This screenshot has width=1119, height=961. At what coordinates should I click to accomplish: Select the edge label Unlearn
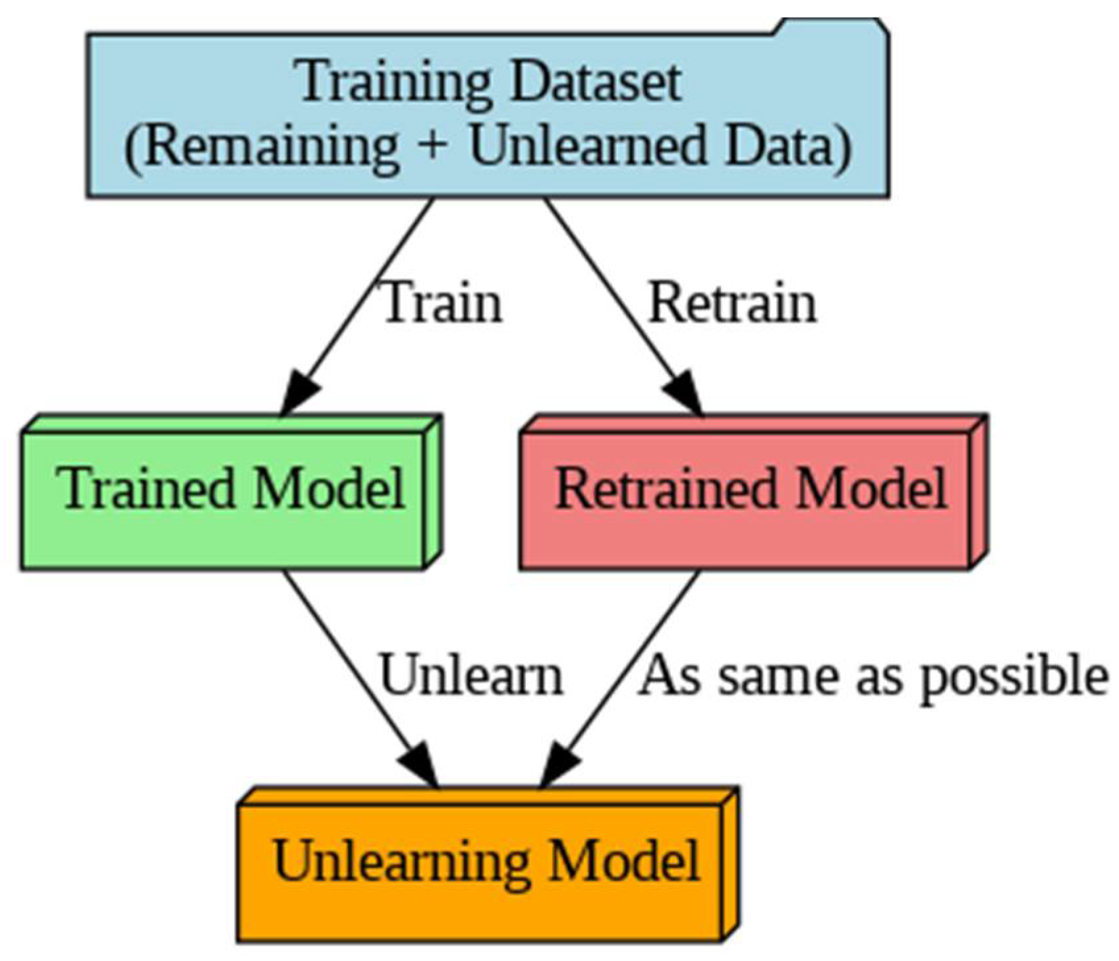[x=472, y=676]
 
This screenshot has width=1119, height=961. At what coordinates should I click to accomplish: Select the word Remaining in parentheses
[x=270, y=146]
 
